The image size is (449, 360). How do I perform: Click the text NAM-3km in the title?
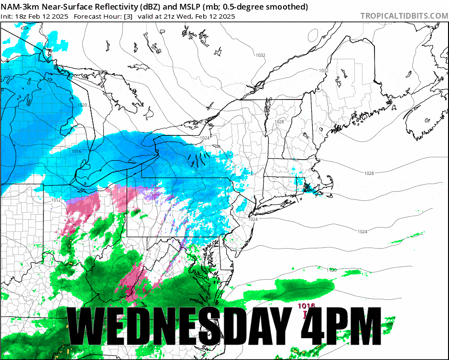tap(20, 7)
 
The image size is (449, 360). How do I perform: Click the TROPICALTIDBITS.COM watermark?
tap(404, 16)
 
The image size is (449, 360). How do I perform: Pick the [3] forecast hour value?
tap(128, 16)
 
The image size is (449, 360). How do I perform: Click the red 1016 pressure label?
tap(306, 306)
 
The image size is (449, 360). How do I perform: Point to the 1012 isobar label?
tap(55, 200)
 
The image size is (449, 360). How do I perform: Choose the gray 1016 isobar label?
tap(77, 151)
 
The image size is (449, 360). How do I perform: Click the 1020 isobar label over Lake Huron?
tap(82, 105)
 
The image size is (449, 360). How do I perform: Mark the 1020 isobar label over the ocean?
tap(332, 270)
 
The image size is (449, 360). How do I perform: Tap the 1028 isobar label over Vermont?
tap(279, 122)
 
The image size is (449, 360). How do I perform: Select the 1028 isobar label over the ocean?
tap(368, 173)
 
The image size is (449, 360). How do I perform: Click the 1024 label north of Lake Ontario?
tap(205, 138)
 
